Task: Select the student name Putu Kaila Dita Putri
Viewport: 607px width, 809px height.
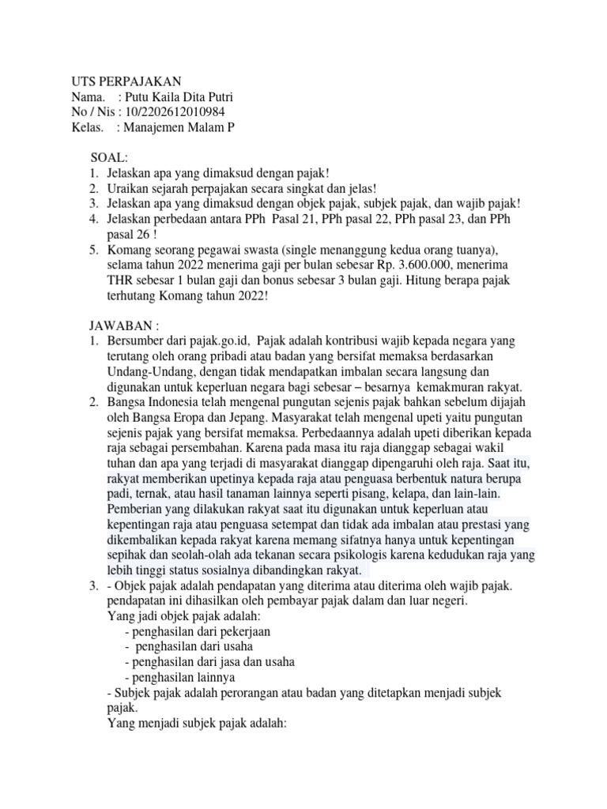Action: tap(175, 97)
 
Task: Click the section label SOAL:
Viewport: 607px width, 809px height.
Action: tap(109, 159)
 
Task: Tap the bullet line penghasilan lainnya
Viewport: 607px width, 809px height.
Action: tap(180, 677)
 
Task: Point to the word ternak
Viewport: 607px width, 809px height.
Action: tap(155, 494)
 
